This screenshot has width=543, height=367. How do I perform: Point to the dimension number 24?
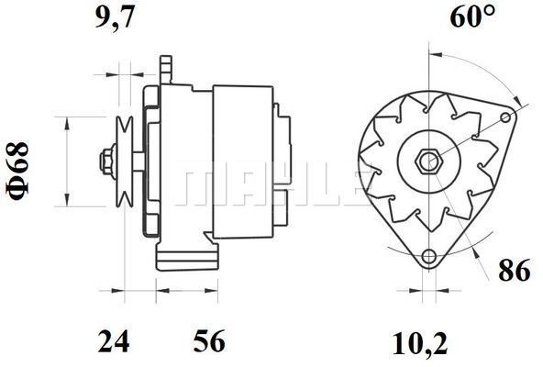[114, 341]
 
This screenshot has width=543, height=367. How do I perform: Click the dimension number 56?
[209, 341]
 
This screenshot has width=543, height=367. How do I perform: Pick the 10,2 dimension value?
[420, 344]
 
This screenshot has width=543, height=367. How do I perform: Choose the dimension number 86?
[515, 270]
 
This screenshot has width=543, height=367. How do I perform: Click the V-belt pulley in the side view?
[125, 161]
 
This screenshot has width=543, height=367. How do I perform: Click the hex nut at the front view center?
[428, 161]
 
